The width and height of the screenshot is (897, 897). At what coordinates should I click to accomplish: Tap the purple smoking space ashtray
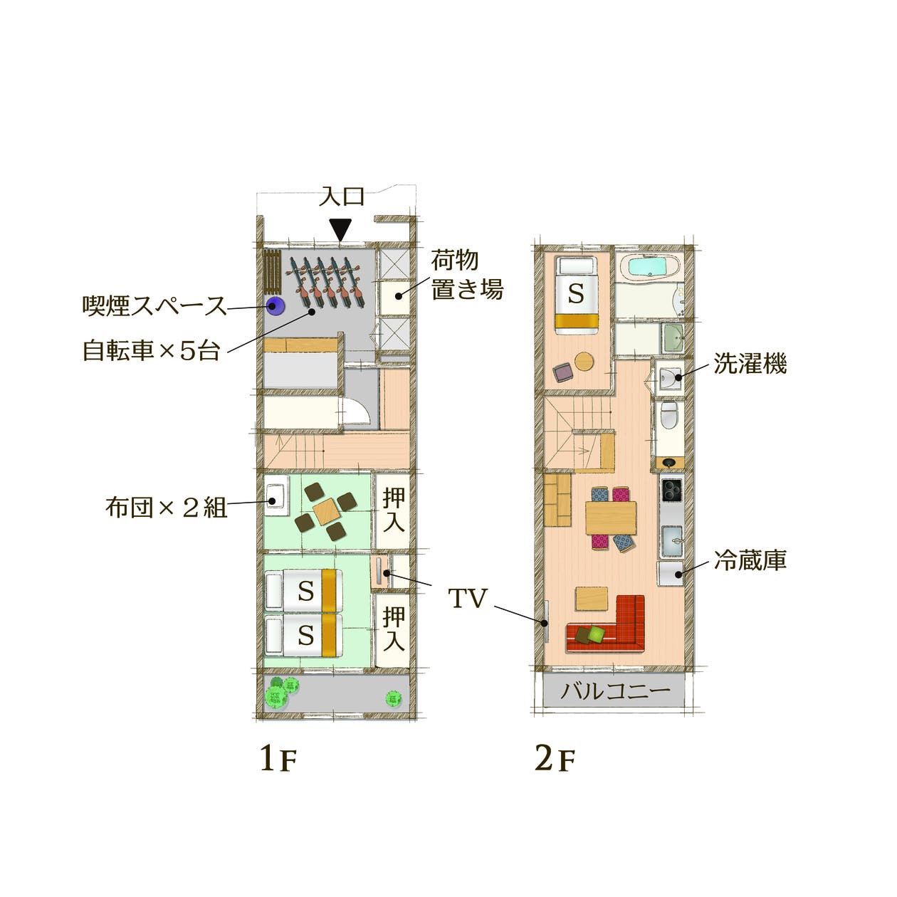(x=275, y=307)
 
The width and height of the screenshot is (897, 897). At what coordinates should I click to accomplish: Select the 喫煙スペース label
(x=154, y=307)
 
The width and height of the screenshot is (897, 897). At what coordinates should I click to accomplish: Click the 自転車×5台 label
(x=152, y=350)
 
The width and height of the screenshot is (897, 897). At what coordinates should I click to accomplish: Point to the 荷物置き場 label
(x=466, y=275)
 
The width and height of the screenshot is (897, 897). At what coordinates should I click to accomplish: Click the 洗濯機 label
(x=750, y=364)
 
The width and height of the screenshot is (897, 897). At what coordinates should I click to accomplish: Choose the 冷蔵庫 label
(x=750, y=561)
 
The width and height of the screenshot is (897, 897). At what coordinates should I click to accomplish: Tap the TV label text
(x=467, y=599)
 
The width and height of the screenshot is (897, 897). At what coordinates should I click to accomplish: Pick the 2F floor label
(x=554, y=760)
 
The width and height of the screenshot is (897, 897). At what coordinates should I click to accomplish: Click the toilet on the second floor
(x=668, y=416)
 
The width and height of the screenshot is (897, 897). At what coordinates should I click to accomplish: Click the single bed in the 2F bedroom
(x=576, y=295)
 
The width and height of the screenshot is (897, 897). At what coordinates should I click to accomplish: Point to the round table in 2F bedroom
(x=583, y=362)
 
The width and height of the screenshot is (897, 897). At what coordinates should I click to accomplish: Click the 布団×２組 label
(x=166, y=507)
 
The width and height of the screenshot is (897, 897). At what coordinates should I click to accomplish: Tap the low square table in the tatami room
(x=326, y=510)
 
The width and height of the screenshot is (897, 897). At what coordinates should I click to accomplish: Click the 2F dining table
(x=611, y=518)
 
